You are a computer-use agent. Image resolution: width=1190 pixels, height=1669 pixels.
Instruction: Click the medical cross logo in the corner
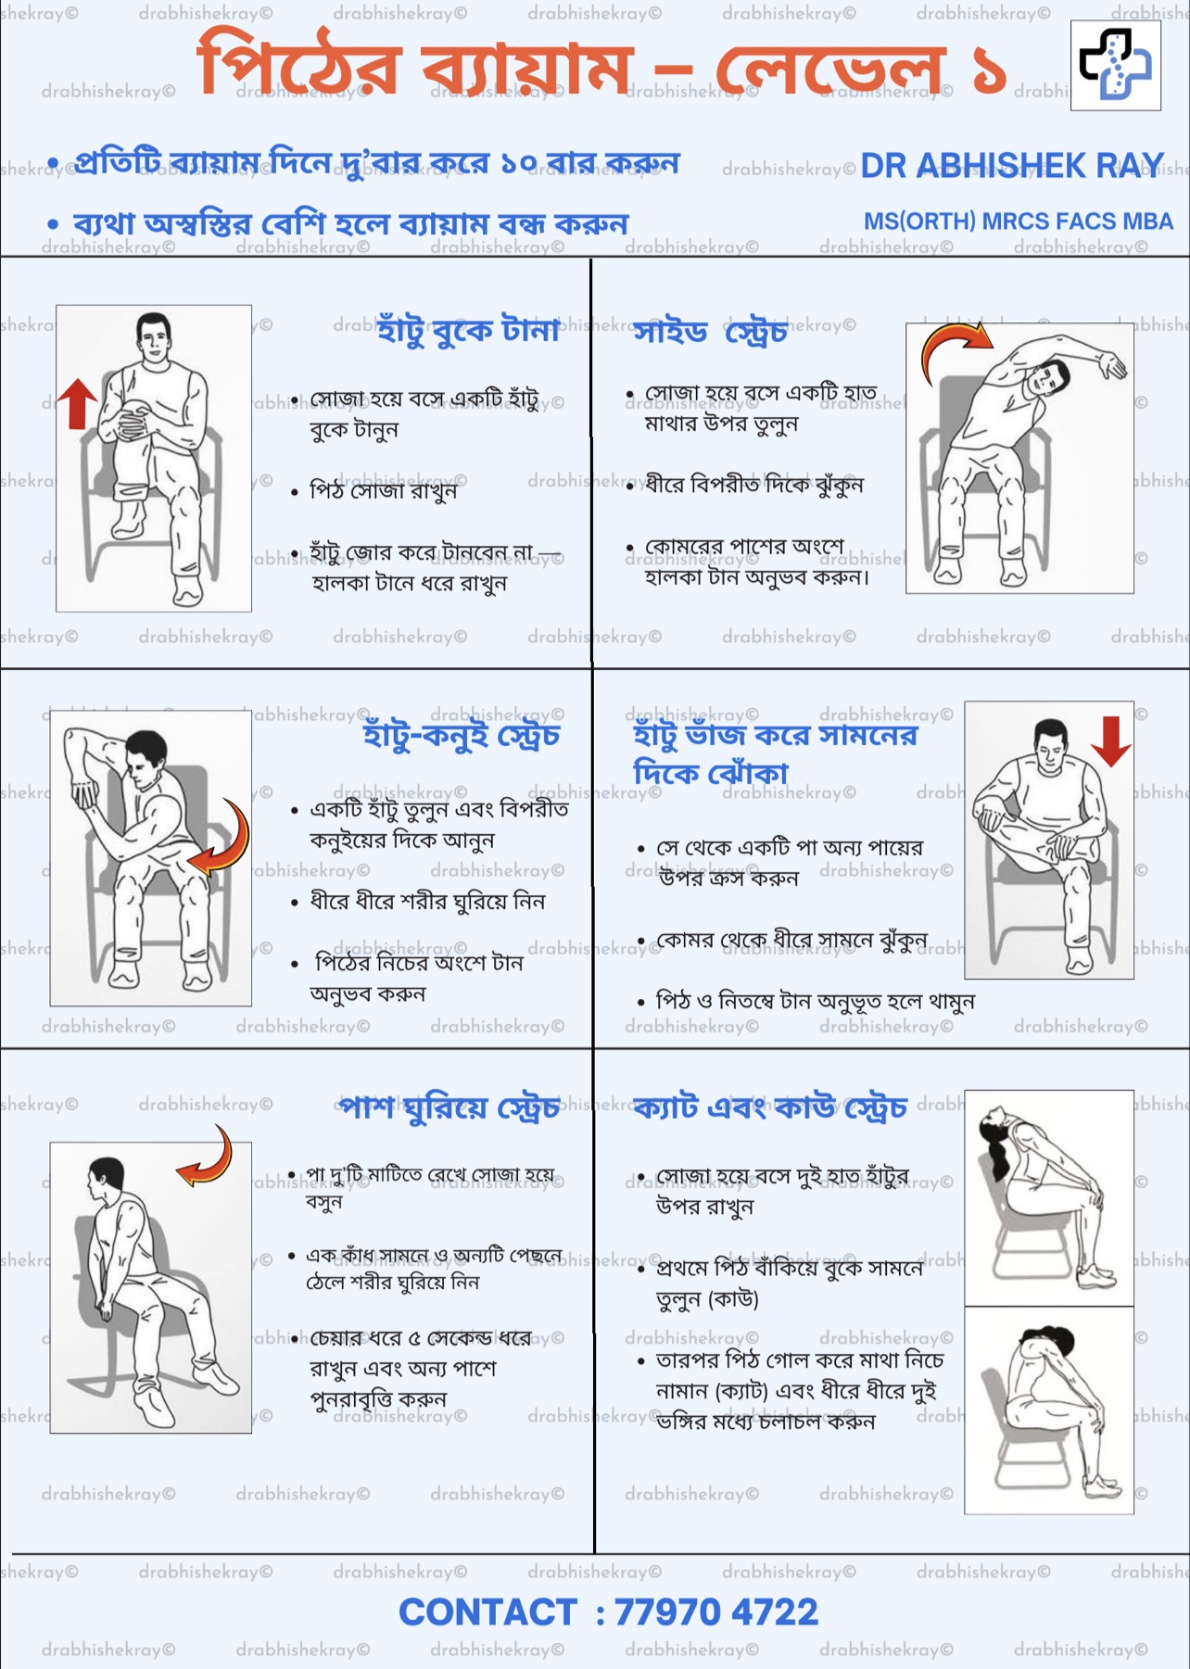coord(1115,64)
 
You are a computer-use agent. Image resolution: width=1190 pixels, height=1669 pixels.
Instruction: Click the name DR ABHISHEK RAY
coord(1012,165)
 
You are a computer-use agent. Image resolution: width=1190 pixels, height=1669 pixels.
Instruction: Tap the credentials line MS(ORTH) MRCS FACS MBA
coord(1018,221)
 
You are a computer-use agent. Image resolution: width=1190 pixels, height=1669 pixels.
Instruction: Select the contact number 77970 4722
coord(716,1612)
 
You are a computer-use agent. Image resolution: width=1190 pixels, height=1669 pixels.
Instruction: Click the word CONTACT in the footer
coord(487,1612)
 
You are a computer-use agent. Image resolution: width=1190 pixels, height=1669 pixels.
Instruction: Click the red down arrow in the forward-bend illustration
coord(1110,740)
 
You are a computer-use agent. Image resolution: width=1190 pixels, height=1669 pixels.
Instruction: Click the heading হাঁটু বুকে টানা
coord(468,329)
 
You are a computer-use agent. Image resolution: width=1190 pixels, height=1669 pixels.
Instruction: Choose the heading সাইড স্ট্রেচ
coord(710,331)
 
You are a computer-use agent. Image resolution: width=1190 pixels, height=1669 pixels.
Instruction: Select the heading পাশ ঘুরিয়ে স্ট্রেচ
coord(449,1106)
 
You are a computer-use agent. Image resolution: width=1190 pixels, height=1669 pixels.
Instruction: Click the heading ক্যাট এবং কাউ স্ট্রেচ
coord(770,1106)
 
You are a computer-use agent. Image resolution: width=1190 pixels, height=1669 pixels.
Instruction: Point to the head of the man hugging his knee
coord(154,338)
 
